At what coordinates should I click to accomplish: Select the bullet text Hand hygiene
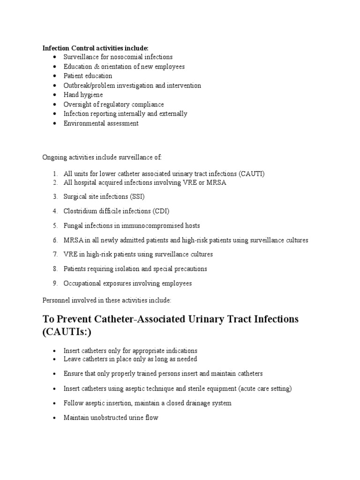pyautogui.click(x=83, y=95)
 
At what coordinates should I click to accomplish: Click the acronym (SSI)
pyautogui.click(x=141, y=196)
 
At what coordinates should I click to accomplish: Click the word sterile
pyautogui.click(x=194, y=389)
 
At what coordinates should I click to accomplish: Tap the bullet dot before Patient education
pyautogui.click(x=55, y=76)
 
